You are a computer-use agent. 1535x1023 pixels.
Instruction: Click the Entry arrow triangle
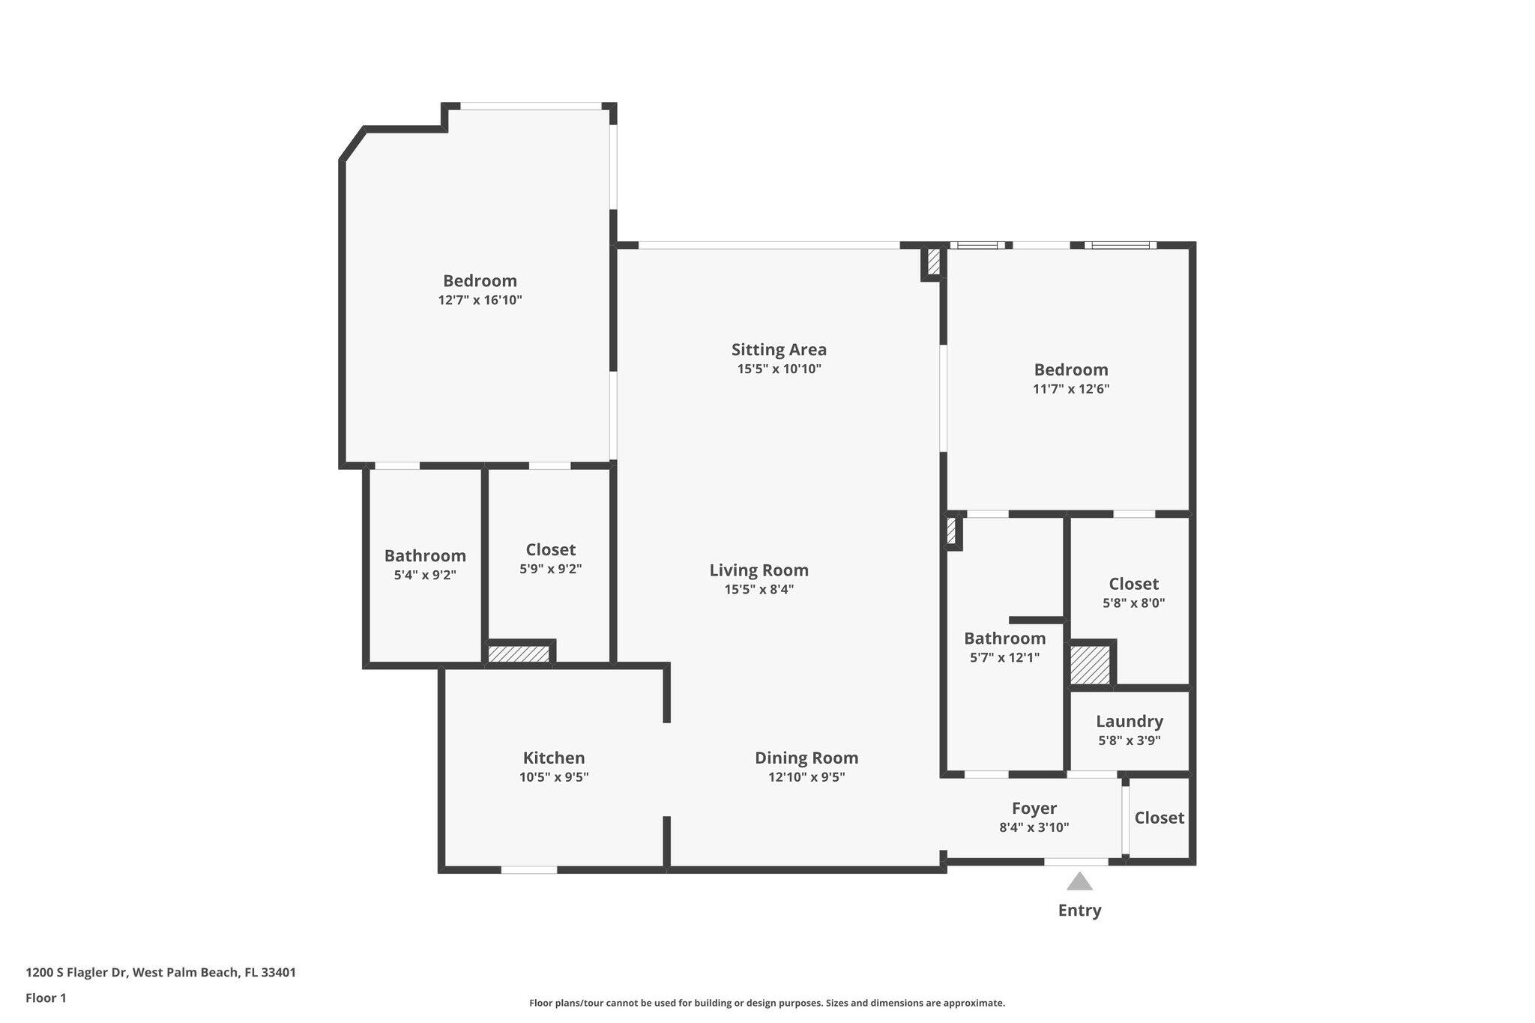pyautogui.click(x=1079, y=881)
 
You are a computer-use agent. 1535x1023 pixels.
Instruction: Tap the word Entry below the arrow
pyautogui.click(x=1079, y=911)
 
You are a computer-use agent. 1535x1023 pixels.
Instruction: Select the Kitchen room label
pyautogui.click(x=554, y=758)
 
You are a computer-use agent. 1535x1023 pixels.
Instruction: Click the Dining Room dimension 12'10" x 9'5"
pyautogui.click(x=806, y=777)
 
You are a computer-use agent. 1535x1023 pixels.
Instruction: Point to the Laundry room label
pyautogui.click(x=1130, y=721)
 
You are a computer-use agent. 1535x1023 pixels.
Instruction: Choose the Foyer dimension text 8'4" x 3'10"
pyautogui.click(x=1034, y=827)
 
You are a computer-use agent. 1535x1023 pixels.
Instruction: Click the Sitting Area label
pyautogui.click(x=779, y=349)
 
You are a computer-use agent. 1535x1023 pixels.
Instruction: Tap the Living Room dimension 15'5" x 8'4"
pyautogui.click(x=759, y=589)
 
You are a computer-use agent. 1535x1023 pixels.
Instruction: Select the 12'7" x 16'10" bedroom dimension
pyautogui.click(x=480, y=300)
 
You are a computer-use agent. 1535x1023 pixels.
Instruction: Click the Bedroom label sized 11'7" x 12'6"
pyautogui.click(x=1071, y=369)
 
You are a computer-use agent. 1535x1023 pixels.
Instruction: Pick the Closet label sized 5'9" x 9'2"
pyautogui.click(x=551, y=549)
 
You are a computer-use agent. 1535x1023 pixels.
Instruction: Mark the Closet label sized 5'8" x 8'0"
pyautogui.click(x=1133, y=583)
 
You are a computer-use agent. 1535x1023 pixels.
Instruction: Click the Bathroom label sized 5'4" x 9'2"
pyautogui.click(x=425, y=555)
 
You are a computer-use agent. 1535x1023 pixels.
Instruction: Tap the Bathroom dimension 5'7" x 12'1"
pyautogui.click(x=1004, y=658)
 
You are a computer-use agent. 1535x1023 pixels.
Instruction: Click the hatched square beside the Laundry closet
pyautogui.click(x=1090, y=665)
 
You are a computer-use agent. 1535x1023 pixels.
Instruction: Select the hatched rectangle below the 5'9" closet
pyautogui.click(x=519, y=654)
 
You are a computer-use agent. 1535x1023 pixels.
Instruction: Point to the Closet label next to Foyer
pyautogui.click(x=1159, y=818)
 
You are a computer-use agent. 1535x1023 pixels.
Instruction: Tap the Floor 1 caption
pyautogui.click(x=46, y=998)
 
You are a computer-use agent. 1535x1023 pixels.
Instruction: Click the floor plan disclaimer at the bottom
pyautogui.click(x=767, y=1003)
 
